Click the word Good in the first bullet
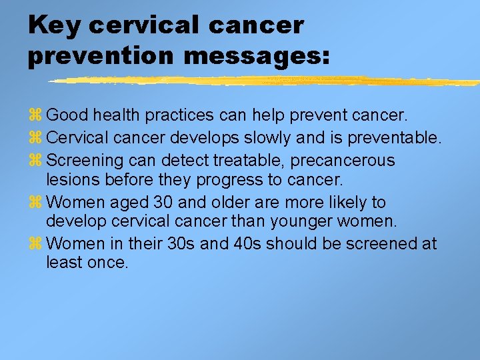click(68, 115)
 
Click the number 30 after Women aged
click(163, 202)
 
